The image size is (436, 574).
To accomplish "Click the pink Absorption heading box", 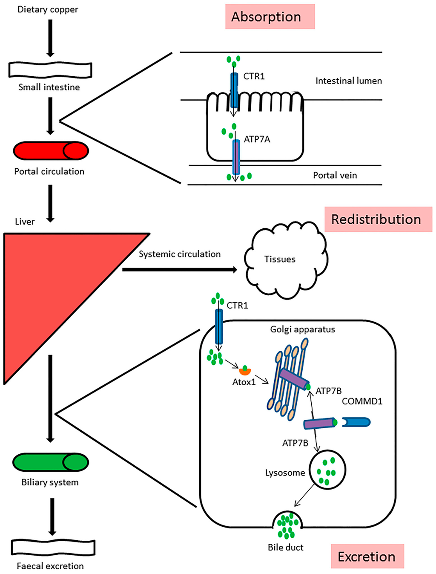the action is (270, 17).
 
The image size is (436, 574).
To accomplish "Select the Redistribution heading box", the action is (378, 219).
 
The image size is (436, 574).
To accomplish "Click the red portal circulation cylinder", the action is (51, 151).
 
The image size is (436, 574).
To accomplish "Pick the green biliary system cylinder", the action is (51, 462).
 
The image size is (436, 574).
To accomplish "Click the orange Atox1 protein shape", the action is (245, 370).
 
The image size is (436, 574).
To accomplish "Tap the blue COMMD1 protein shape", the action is (356, 422).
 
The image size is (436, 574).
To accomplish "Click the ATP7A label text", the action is (257, 139).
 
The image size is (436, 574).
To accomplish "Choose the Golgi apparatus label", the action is (302, 329).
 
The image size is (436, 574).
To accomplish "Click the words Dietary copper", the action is (48, 10).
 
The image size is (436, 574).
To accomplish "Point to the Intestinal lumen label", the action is (349, 81).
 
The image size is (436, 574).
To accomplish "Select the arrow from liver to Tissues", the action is (180, 270).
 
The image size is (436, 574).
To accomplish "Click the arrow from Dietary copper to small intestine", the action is (50, 38).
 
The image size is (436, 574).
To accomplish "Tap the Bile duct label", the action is (286, 547).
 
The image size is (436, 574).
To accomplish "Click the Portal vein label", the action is (335, 175).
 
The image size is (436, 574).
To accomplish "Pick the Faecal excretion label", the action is (50, 566).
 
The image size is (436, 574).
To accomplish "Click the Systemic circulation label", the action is (180, 254).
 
